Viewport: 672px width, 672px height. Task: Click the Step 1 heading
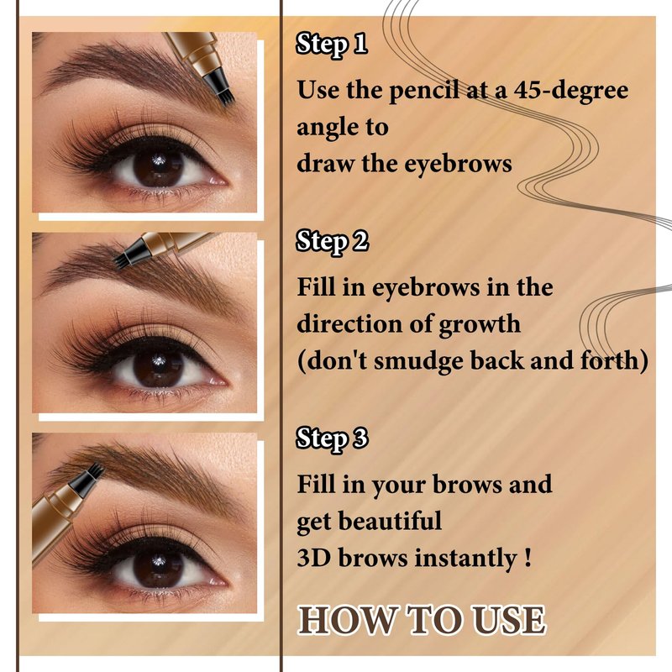tap(331, 45)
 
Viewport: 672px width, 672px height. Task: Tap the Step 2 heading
tap(332, 241)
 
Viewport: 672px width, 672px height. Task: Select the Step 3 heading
tap(332, 438)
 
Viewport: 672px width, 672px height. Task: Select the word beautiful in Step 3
tap(390, 522)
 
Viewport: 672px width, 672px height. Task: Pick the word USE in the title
tap(508, 620)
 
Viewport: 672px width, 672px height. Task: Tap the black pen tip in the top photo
tap(219, 88)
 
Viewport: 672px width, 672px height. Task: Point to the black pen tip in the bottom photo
tap(87, 479)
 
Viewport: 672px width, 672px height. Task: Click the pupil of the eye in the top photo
tap(159, 166)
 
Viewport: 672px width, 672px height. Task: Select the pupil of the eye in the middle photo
tap(159, 367)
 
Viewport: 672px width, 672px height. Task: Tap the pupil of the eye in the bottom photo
tap(159, 568)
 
